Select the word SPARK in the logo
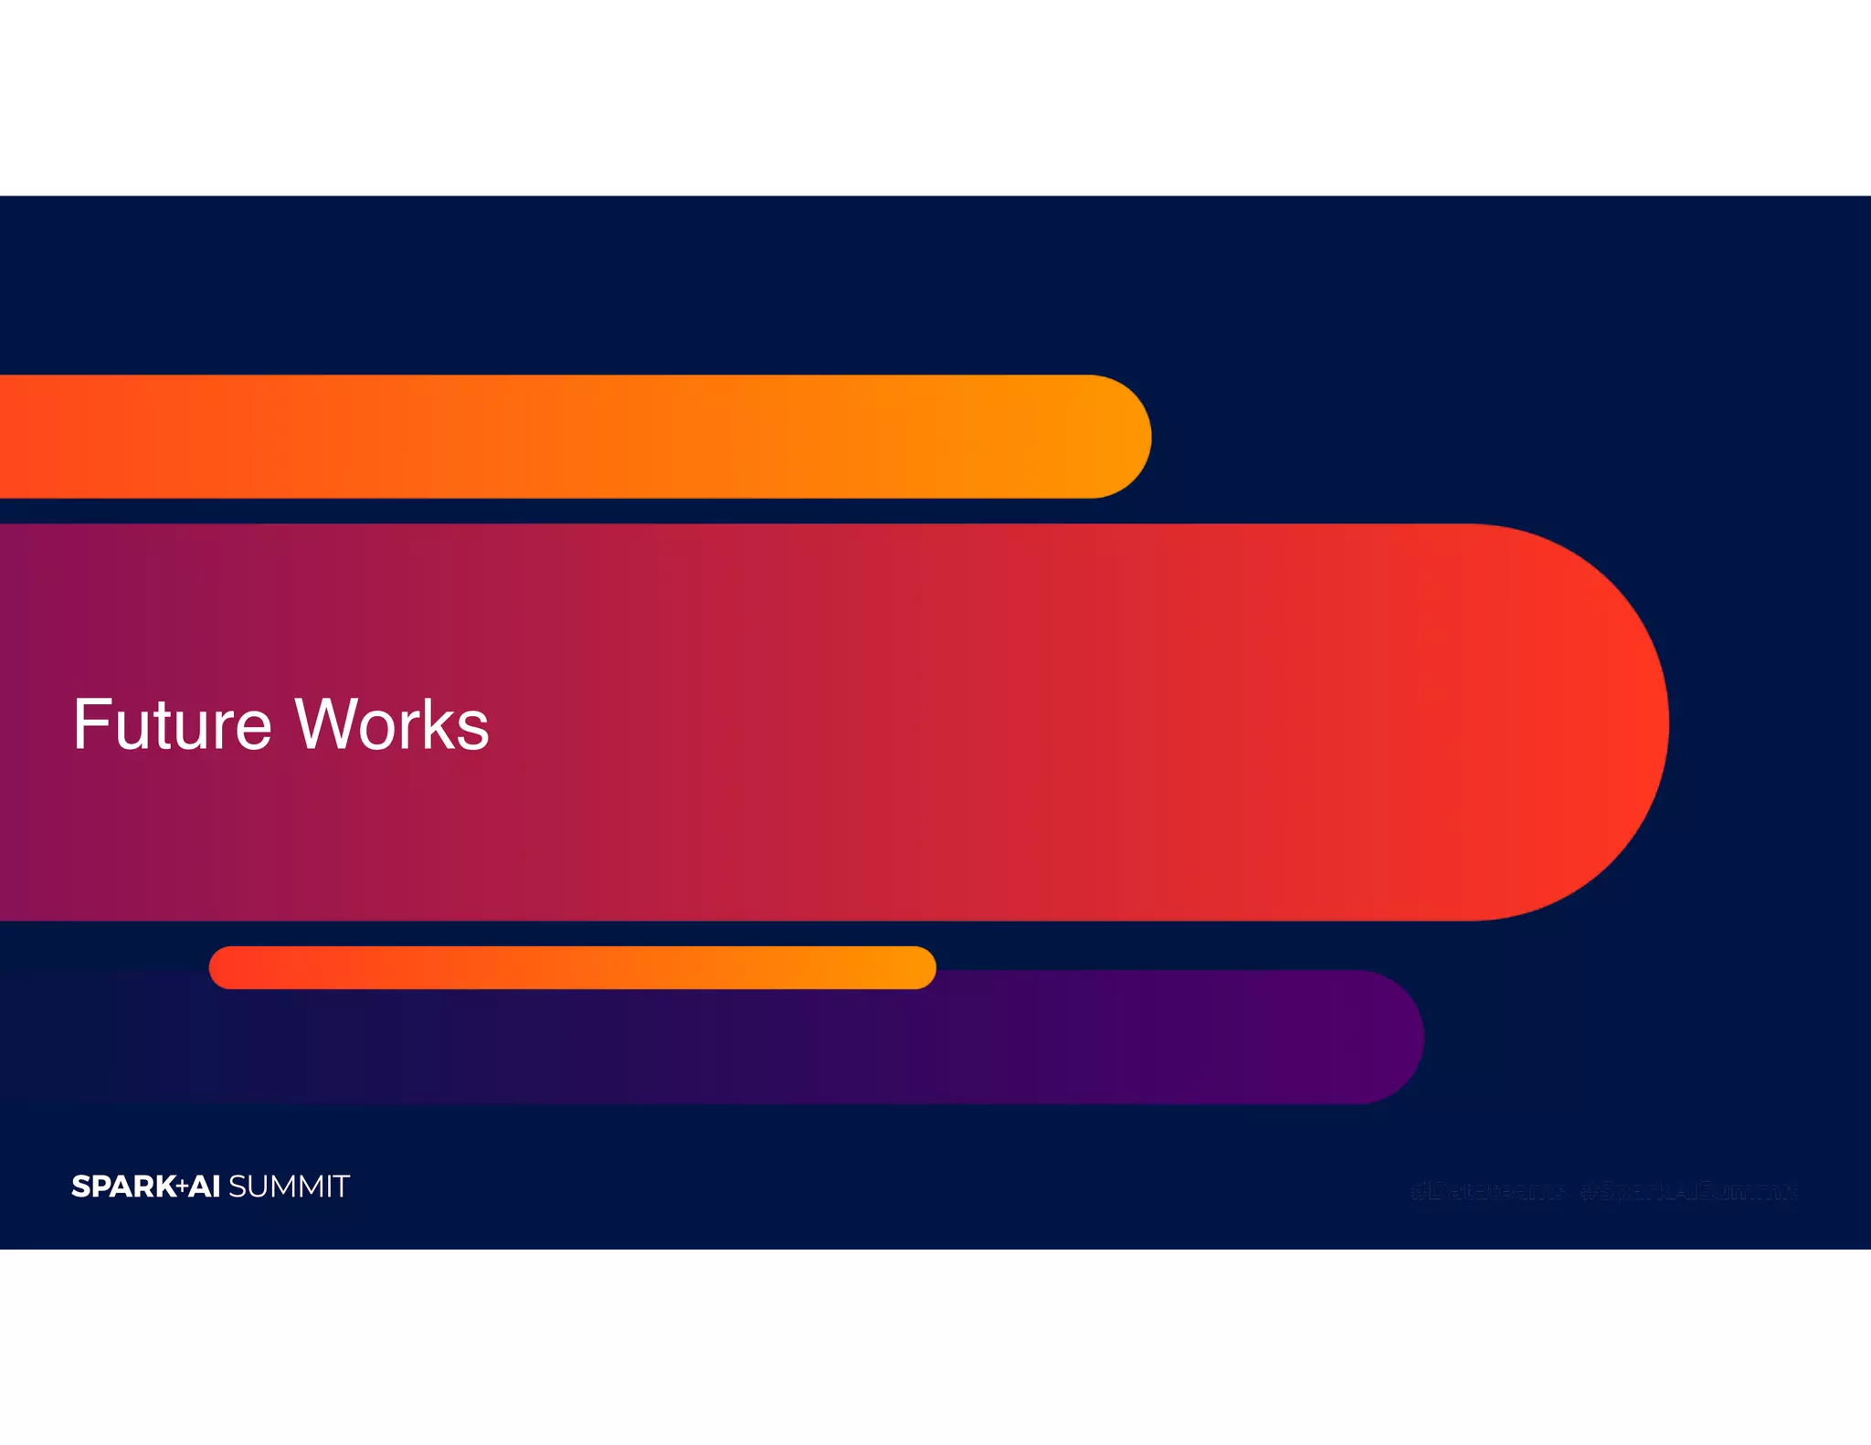[123, 1187]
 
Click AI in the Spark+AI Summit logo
[204, 1187]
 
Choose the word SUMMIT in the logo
[289, 1187]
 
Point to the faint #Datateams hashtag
[1487, 1191]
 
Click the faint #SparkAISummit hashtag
[1688, 1191]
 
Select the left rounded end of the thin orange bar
[225, 967]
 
